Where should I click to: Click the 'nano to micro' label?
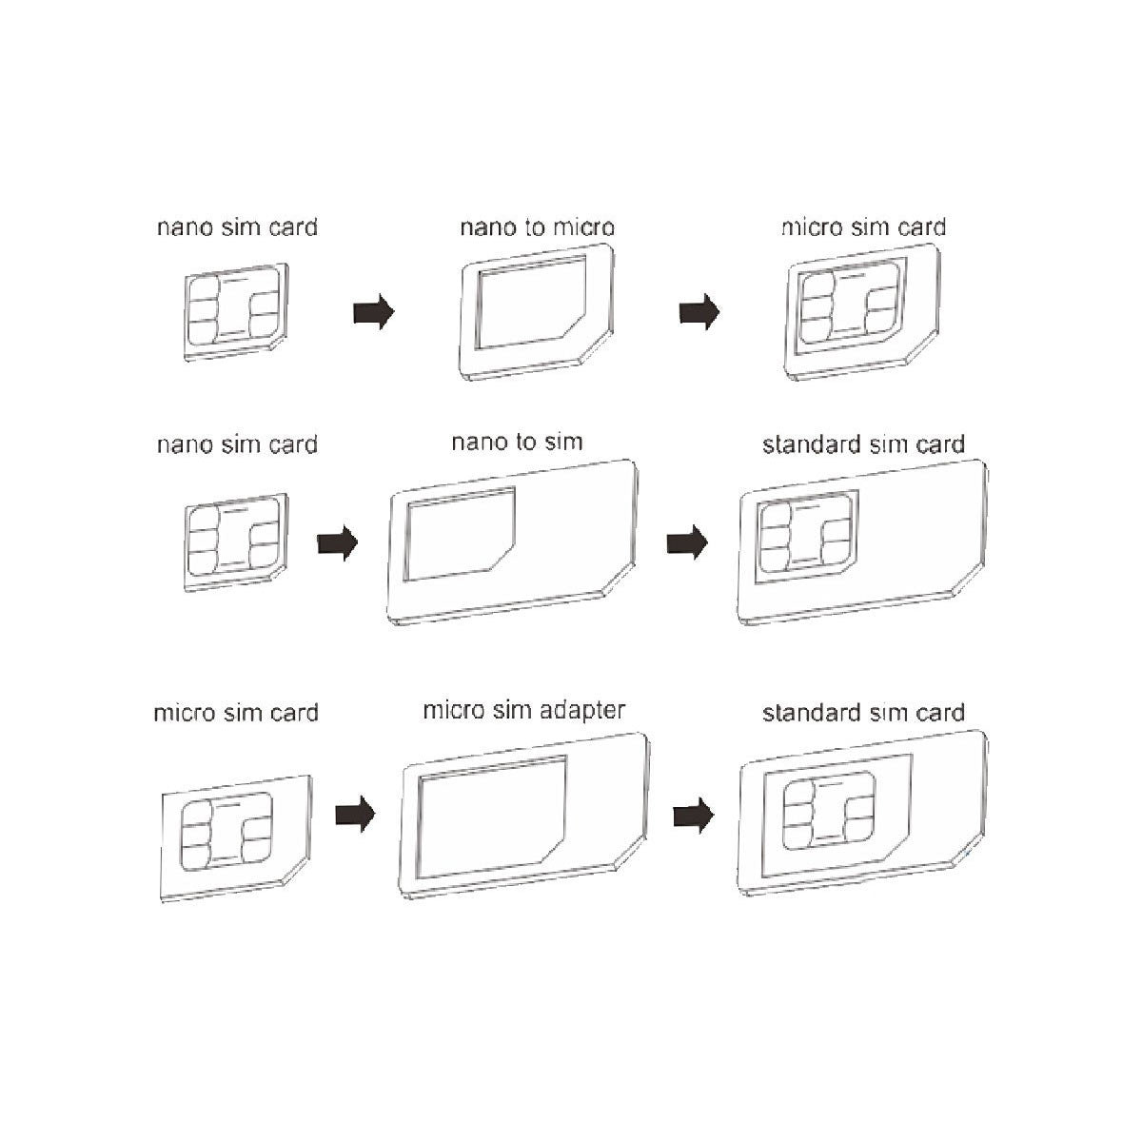[x=537, y=228]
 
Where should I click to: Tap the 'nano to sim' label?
[x=517, y=443]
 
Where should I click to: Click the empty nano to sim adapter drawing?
[x=512, y=541]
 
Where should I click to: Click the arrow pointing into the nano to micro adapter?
[x=373, y=311]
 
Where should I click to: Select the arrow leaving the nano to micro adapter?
[x=699, y=311]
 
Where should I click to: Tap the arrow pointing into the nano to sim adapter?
[x=337, y=544]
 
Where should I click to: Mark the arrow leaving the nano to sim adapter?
[x=687, y=544]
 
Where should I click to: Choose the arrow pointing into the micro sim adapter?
[x=355, y=816]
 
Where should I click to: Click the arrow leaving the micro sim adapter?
[x=693, y=816]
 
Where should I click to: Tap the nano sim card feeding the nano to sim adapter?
[x=234, y=539]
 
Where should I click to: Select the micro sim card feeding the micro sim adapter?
[x=235, y=835]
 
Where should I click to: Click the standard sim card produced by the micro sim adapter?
[x=862, y=814]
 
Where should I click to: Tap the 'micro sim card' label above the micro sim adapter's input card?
[x=236, y=713]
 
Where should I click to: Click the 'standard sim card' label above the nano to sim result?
[x=863, y=444]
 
